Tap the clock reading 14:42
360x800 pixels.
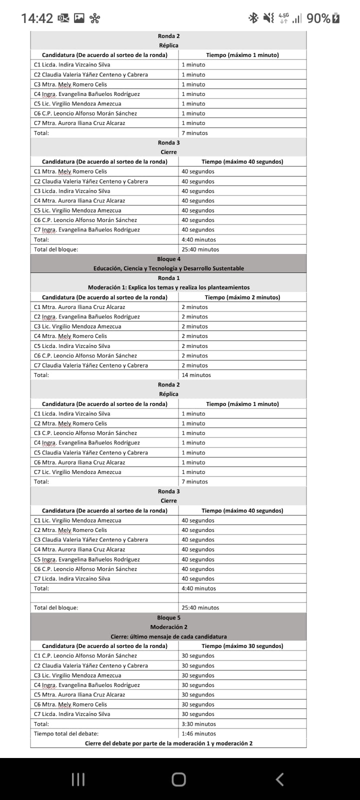click(x=37, y=18)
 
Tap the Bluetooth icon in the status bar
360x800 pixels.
click(x=253, y=18)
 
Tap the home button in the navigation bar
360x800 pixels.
click(x=178, y=779)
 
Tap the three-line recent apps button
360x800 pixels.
click(x=78, y=779)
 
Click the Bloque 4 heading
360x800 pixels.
click(x=168, y=259)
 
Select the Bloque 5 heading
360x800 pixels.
click(x=168, y=617)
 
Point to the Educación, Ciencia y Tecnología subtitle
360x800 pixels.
click(x=168, y=268)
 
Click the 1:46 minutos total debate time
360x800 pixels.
click(x=198, y=733)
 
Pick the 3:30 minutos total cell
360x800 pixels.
click(x=198, y=724)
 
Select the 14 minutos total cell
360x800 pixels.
click(x=196, y=375)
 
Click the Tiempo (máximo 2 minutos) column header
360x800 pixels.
click(x=242, y=297)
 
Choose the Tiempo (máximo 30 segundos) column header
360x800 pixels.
click(x=242, y=646)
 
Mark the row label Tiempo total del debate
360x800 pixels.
click(x=66, y=733)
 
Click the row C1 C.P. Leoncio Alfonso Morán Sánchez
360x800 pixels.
click(x=85, y=655)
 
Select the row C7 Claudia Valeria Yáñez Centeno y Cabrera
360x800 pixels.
click(x=91, y=365)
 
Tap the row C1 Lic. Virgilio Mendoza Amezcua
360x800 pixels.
click(x=77, y=520)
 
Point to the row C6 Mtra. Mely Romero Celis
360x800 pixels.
click(x=70, y=704)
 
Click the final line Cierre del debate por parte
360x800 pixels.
click(x=168, y=743)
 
